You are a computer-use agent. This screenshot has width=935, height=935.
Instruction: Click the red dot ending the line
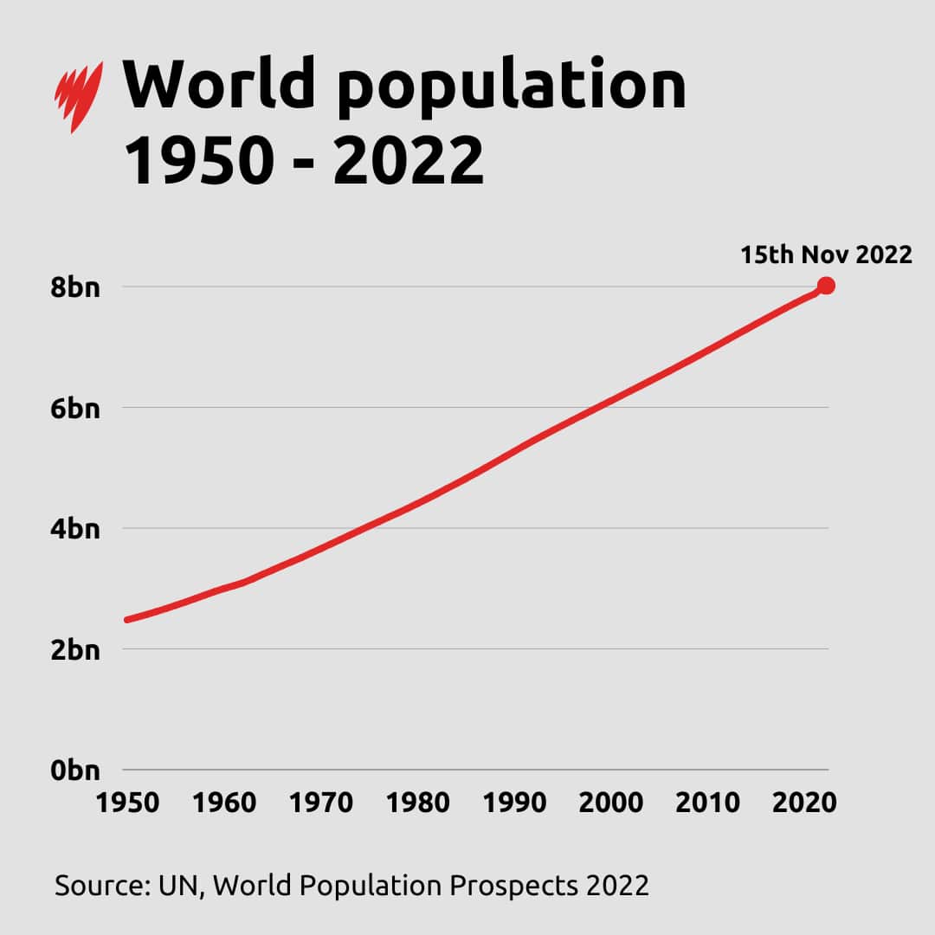click(826, 286)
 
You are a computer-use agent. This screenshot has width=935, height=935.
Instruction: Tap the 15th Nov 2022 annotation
click(826, 255)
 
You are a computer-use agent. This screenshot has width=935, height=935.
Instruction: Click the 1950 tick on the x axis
click(127, 803)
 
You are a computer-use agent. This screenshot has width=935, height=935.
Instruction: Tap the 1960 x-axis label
click(224, 803)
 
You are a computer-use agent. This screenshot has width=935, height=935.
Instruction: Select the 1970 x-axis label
click(320, 803)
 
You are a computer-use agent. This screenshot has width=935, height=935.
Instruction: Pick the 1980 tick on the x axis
click(417, 803)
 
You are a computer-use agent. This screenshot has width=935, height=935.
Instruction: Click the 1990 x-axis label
click(514, 803)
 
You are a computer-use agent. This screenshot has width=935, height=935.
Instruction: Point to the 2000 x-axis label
click(611, 803)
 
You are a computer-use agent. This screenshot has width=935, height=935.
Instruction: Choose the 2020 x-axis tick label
click(804, 803)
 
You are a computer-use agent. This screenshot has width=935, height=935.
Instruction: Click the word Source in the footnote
click(101, 886)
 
